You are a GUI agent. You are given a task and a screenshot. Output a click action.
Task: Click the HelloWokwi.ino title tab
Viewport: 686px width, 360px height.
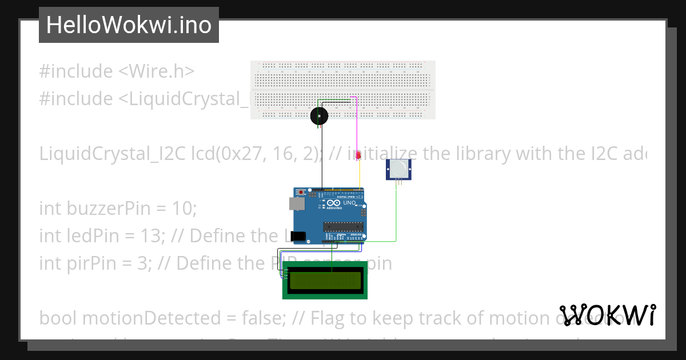(129, 25)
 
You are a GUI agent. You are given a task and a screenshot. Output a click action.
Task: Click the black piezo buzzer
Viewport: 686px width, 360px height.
(320, 117)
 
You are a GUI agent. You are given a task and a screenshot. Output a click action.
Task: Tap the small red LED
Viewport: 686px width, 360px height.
(358, 155)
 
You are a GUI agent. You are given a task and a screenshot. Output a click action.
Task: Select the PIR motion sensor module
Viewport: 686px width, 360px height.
(398, 168)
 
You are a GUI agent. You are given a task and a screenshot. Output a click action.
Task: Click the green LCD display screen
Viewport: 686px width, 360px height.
(325, 280)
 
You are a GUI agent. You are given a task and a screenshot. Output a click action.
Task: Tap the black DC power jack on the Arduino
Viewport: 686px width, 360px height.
(298, 235)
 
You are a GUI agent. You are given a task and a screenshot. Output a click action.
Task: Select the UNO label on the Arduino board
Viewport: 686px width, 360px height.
(349, 203)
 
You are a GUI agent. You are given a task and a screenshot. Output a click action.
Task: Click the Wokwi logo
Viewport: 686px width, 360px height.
(607, 315)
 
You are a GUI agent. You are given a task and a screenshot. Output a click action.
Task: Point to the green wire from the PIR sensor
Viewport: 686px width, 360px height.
(396, 211)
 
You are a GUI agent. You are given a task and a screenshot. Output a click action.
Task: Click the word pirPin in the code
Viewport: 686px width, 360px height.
(93, 263)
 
